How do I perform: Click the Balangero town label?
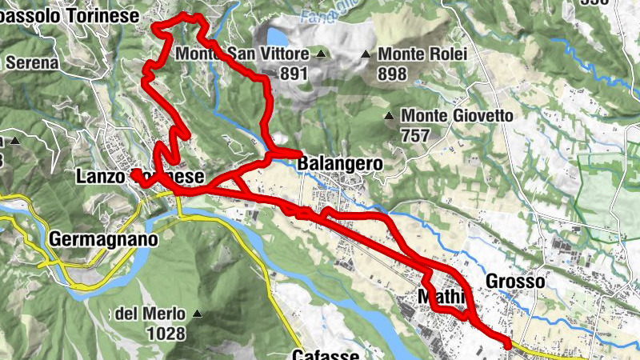340,164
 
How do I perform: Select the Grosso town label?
515,281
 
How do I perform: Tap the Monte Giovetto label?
457,116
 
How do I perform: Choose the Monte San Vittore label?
242,54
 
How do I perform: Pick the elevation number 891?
294,74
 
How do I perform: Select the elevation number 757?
416,135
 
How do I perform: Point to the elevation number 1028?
166,333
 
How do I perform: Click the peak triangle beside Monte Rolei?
366,54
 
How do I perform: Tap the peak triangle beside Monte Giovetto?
389,116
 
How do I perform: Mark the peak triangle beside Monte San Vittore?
321,54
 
